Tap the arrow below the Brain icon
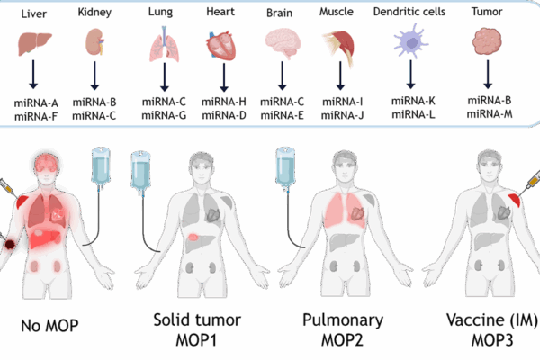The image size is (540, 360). (283, 74)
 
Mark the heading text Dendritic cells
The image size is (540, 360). (411, 13)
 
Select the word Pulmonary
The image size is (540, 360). (343, 320)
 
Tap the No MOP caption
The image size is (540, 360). (49, 324)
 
